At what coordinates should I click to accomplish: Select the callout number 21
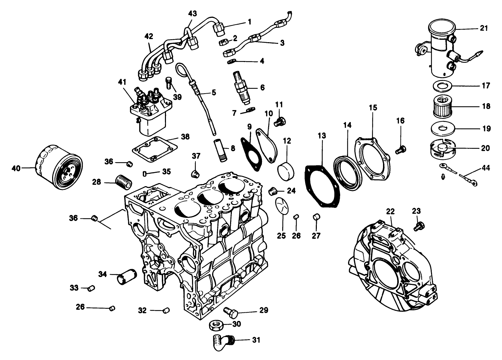click(x=483, y=28)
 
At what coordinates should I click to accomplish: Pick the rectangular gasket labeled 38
click(x=155, y=149)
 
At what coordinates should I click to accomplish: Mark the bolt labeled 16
click(x=401, y=149)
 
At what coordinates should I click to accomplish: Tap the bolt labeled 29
click(x=231, y=312)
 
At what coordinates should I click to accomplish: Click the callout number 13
click(x=322, y=136)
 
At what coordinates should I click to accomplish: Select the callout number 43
click(x=193, y=13)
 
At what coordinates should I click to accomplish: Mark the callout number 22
click(x=390, y=212)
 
